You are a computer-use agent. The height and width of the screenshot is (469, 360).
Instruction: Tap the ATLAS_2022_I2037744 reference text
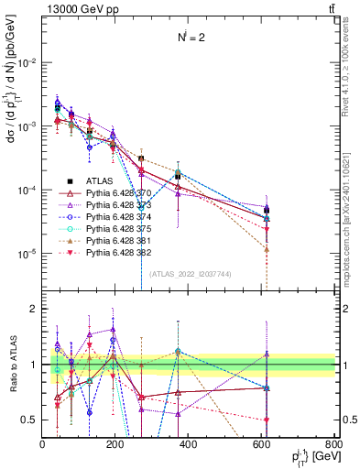[189, 274]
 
